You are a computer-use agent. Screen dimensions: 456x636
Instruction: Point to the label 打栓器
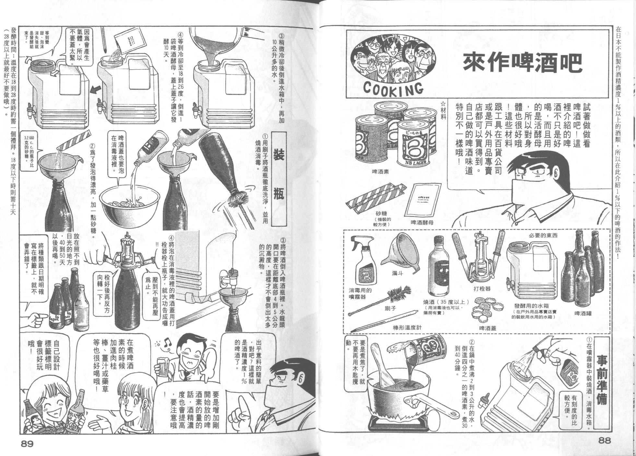[482, 288]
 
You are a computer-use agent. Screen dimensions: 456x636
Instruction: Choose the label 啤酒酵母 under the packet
[422, 222]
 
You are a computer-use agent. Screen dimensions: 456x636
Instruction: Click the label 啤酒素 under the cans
[381, 172]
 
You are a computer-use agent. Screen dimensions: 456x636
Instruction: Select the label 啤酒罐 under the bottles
[583, 314]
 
